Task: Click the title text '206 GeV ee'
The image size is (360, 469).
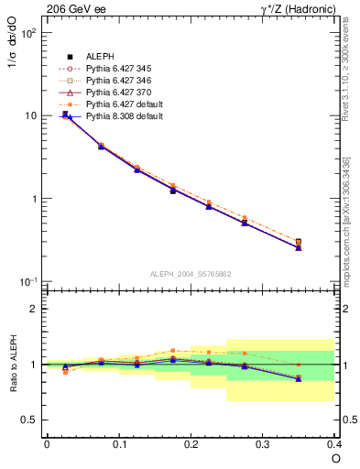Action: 73,10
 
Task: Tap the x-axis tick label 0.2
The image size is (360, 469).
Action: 191,443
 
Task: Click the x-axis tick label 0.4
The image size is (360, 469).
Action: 333,443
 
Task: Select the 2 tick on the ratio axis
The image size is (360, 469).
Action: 33,309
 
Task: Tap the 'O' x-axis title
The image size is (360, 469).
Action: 334,458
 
